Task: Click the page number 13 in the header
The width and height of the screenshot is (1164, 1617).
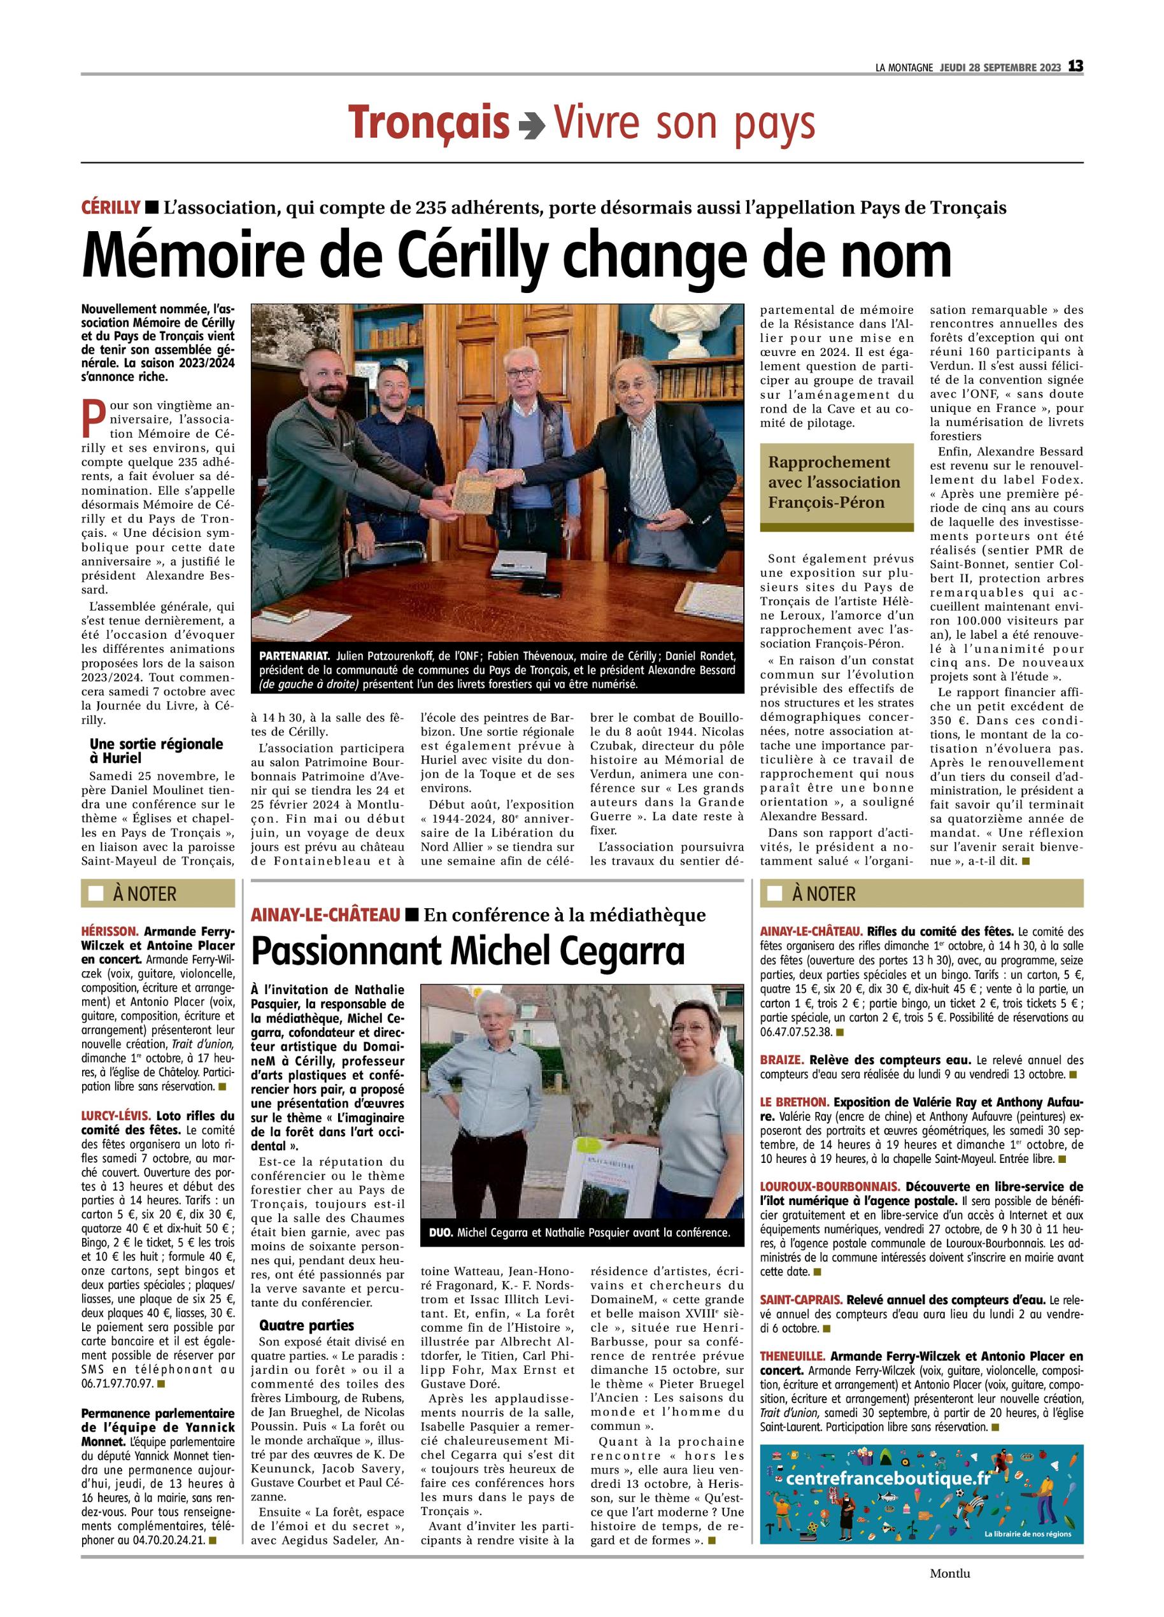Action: pos(1075,66)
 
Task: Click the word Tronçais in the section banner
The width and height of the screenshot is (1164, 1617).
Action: pos(429,124)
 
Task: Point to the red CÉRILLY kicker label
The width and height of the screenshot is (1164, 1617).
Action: pos(111,208)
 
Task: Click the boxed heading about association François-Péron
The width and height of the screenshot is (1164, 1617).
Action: pos(836,483)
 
